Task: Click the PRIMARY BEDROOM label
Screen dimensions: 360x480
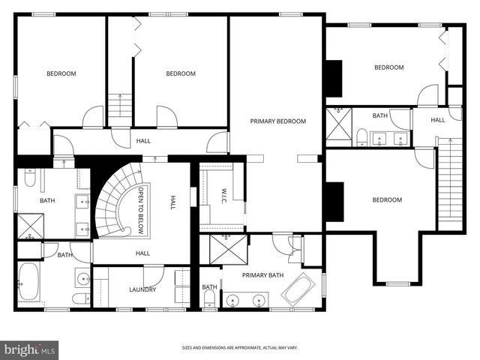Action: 278,121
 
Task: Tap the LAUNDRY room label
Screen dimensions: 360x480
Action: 142,289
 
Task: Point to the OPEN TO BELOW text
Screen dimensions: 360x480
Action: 139,206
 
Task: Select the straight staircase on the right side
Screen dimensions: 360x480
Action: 448,180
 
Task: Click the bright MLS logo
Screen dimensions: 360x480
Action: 30,349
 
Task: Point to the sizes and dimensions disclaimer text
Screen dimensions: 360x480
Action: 239,348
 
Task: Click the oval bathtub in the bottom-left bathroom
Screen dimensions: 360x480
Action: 31,283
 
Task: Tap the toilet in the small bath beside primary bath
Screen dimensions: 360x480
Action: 210,299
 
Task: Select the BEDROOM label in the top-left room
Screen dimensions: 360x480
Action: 61,73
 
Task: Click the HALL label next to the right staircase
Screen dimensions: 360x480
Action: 438,119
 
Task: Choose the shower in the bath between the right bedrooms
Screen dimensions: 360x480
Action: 337,123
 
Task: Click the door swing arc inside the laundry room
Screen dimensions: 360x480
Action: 154,274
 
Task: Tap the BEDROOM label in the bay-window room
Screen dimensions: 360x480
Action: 387,199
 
